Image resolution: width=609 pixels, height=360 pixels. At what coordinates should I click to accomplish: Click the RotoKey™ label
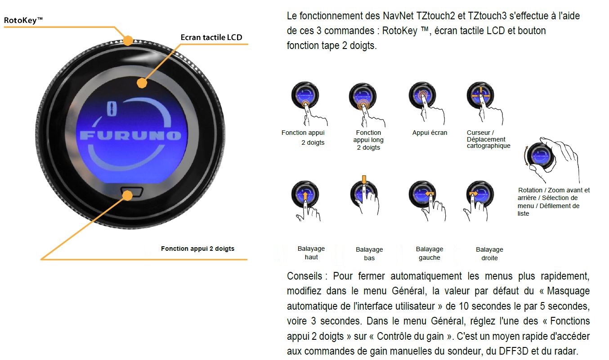pyautogui.click(x=23, y=20)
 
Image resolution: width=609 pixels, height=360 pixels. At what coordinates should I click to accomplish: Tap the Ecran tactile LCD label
pyautogui.click(x=211, y=37)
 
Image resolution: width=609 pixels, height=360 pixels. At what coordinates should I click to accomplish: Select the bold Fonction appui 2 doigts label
pyautogui.click(x=197, y=249)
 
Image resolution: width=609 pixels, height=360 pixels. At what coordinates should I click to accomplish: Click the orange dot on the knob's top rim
pyautogui.click(x=128, y=40)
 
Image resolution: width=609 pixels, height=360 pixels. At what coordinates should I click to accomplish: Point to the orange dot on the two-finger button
pyautogui.click(x=127, y=196)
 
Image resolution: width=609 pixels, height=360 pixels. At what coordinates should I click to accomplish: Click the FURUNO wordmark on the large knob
pyautogui.click(x=130, y=135)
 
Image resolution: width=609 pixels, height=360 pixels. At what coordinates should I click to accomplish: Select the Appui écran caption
pyautogui.click(x=430, y=133)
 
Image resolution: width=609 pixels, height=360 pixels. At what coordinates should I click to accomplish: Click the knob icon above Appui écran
pyautogui.click(x=422, y=95)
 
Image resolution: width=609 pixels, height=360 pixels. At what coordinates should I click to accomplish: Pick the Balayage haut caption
pyautogui.click(x=311, y=253)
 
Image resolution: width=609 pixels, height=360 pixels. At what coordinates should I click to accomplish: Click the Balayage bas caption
pyautogui.click(x=369, y=253)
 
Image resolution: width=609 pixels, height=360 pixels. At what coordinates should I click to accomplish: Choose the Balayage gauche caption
pyautogui.click(x=430, y=253)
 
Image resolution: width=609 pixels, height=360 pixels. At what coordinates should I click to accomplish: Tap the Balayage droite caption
pyautogui.click(x=489, y=253)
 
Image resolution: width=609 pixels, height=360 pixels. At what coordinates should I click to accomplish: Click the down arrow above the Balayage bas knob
pyautogui.click(x=364, y=179)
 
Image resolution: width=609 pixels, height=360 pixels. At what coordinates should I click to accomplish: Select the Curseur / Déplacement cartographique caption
pyautogui.click(x=488, y=139)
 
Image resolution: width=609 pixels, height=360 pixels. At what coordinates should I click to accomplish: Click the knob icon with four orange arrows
pyautogui.click(x=480, y=95)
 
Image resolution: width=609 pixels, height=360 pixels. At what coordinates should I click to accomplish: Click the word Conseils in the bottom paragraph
pyautogui.click(x=304, y=276)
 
